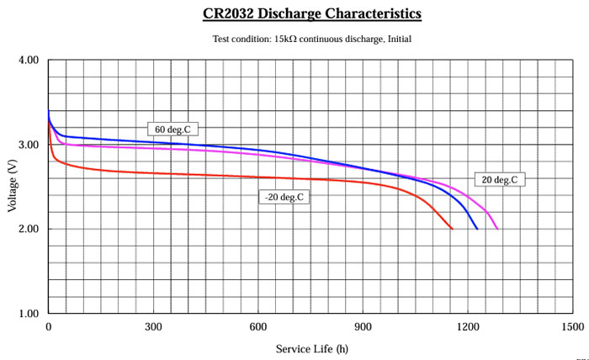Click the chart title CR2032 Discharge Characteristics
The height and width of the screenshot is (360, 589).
312,13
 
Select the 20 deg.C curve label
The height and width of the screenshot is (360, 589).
500,179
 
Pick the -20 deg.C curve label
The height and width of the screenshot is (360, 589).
283,197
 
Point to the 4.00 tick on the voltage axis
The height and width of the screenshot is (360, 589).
29,61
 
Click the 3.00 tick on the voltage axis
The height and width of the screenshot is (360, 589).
29,145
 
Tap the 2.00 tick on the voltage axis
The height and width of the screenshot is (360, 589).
29,229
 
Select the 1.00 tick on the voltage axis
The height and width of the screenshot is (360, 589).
29,313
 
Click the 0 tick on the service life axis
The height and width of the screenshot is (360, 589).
49,326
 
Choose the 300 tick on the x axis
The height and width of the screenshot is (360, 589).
153,326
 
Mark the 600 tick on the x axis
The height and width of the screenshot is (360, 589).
258,326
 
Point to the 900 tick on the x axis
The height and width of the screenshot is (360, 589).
363,326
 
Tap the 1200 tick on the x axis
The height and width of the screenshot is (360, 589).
467,326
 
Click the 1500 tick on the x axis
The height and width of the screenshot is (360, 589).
572,326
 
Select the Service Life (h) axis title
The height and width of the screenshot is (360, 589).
310,348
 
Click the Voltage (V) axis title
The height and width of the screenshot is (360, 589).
12,187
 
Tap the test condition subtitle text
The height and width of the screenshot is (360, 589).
312,38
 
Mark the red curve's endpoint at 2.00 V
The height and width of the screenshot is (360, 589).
452,229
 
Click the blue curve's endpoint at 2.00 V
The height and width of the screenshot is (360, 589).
477,229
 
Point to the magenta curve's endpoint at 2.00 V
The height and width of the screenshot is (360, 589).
497,229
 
